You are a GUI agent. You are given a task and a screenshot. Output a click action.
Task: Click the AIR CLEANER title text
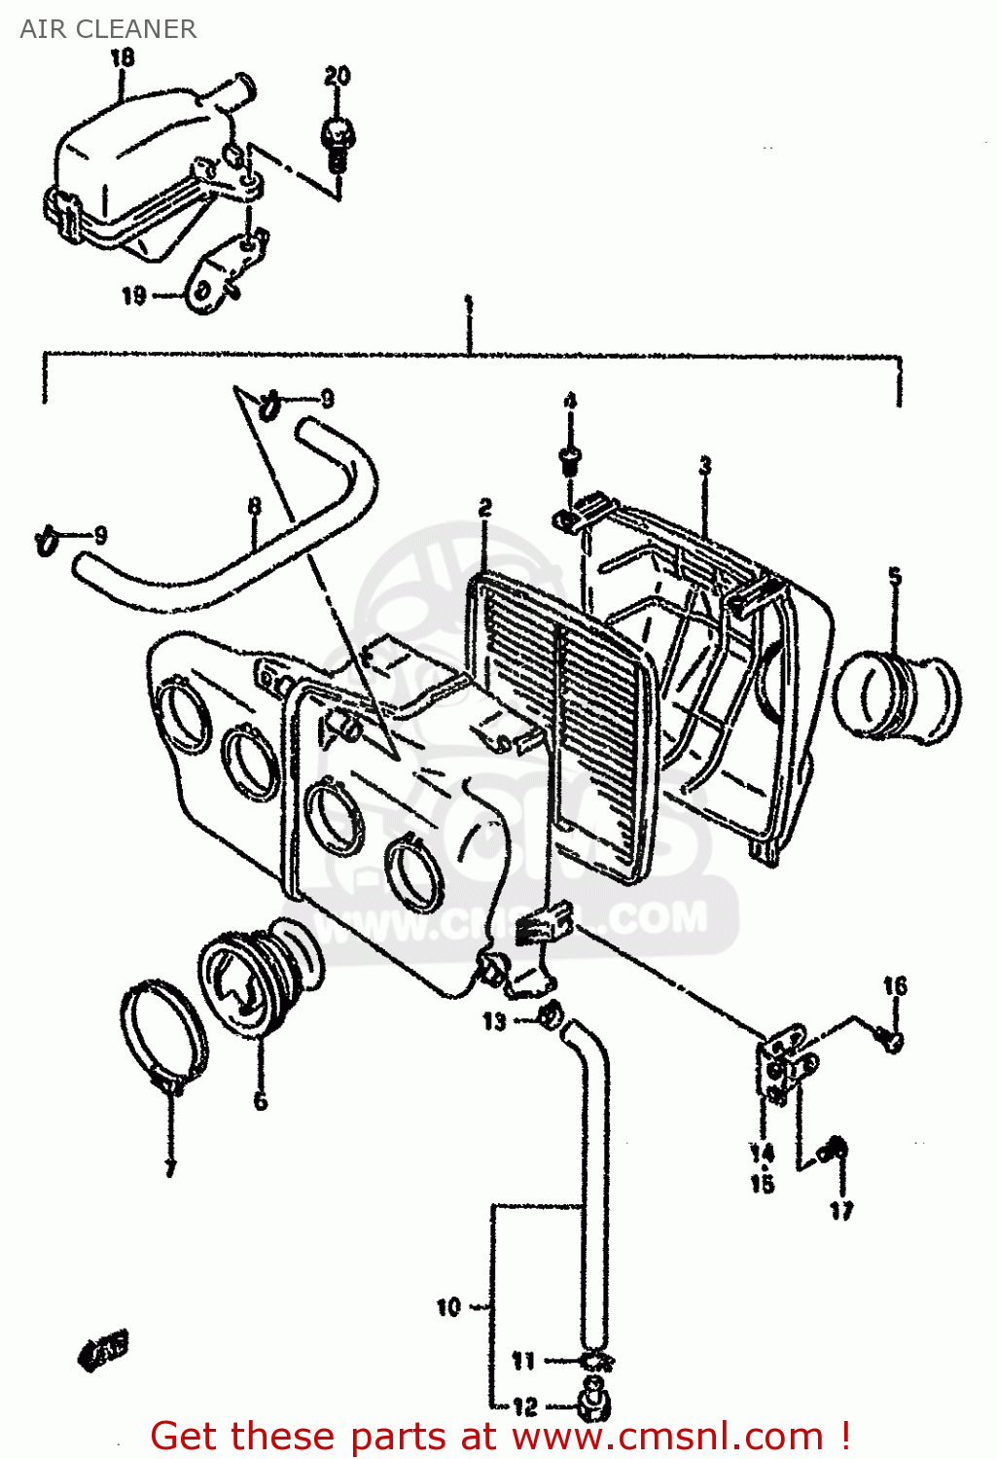click(108, 29)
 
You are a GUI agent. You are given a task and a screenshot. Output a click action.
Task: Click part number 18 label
click(123, 58)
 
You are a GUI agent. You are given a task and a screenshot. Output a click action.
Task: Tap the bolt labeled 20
click(337, 140)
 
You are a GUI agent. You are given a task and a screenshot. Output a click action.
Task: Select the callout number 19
click(133, 295)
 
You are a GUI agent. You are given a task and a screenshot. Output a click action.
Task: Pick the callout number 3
click(705, 466)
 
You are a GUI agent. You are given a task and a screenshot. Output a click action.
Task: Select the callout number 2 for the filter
click(484, 507)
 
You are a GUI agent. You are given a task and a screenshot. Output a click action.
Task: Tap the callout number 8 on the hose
click(254, 506)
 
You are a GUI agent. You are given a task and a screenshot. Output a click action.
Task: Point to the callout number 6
click(260, 1101)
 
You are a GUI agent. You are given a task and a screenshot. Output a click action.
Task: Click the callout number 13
click(494, 1020)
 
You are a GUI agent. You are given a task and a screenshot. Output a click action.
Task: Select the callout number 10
click(447, 1307)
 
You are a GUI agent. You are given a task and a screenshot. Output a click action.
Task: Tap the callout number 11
click(523, 1361)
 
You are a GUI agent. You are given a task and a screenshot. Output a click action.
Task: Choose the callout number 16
click(895, 986)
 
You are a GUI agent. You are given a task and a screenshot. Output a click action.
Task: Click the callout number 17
click(841, 1210)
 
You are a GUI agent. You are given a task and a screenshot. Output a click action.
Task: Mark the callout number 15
click(762, 1184)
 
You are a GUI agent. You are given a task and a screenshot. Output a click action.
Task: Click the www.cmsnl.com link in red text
click(667, 1437)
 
